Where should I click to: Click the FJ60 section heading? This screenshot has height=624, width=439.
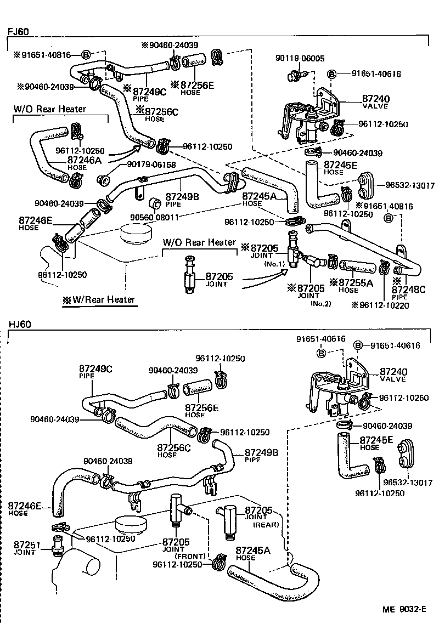(x=18, y=31)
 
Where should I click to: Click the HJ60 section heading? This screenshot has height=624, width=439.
(x=19, y=324)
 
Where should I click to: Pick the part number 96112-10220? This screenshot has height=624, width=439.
(x=381, y=305)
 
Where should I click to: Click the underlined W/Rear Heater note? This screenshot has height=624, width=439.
(x=102, y=299)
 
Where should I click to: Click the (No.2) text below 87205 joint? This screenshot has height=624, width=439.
(x=320, y=304)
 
